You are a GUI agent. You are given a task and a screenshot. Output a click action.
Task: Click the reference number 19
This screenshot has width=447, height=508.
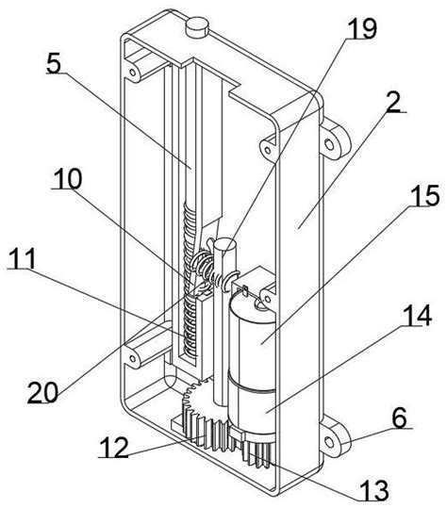pyautogui.click(x=362, y=28)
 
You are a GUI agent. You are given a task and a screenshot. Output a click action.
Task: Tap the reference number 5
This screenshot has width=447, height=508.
pyautogui.click(x=54, y=63)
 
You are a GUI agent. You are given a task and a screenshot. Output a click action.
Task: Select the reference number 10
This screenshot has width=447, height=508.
pyautogui.click(x=67, y=178)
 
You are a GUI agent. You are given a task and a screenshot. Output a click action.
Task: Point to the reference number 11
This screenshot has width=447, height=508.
pyautogui.click(x=22, y=258)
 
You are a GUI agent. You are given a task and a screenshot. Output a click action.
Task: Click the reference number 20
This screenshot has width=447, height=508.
pyautogui.click(x=42, y=392)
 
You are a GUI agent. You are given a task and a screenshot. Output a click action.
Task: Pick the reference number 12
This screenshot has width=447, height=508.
pyautogui.click(x=114, y=447)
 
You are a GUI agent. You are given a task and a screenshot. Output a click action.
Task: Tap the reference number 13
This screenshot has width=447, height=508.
pyautogui.click(x=374, y=490)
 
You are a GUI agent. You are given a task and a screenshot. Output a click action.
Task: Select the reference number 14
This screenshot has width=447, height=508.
pyautogui.click(x=418, y=315)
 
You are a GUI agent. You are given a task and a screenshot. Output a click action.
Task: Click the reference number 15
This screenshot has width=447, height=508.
pyautogui.click(x=425, y=195)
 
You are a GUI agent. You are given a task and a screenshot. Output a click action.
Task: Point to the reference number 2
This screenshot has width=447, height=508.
pyautogui.click(x=393, y=102)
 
